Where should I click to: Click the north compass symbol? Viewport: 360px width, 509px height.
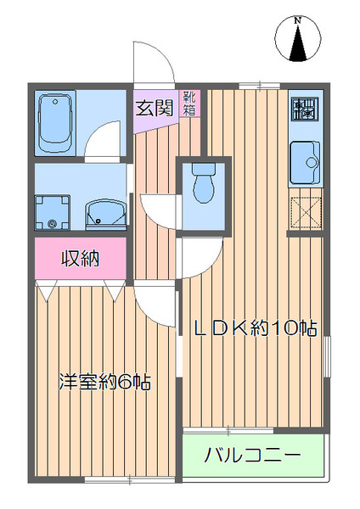pyautogui.click(x=298, y=40)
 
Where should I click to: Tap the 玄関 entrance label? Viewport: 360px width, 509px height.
pyautogui.click(x=155, y=107)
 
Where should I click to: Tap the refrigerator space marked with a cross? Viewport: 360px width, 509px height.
pyautogui.click(x=306, y=212)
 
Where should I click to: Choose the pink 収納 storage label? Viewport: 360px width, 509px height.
pyautogui.click(x=80, y=259)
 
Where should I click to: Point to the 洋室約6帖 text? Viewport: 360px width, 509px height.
pyautogui.click(x=104, y=381)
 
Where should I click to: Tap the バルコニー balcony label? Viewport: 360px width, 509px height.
pyautogui.click(x=252, y=456)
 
